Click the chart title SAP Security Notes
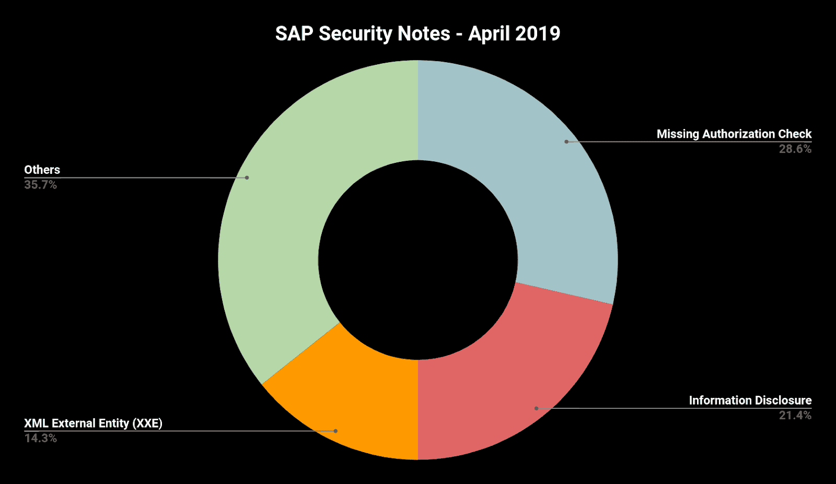pyautogui.click(x=417, y=33)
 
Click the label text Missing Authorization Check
pyautogui.click(x=734, y=134)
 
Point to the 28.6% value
pyautogui.click(x=795, y=149)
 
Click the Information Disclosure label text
pyautogui.click(x=750, y=400)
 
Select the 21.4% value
pyautogui.click(x=795, y=416)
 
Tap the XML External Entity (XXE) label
pyautogui.click(x=93, y=423)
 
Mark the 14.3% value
pyautogui.click(x=40, y=439)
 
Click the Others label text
pyautogui.click(x=42, y=170)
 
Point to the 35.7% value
pyautogui.click(x=40, y=185)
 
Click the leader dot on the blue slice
pyautogui.click(x=566, y=141)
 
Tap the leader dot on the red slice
pyautogui.click(x=536, y=408)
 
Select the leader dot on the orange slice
pyautogui.click(x=335, y=431)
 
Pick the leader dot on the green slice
pyautogui.click(x=247, y=178)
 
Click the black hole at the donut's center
pyautogui.click(x=417, y=259)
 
